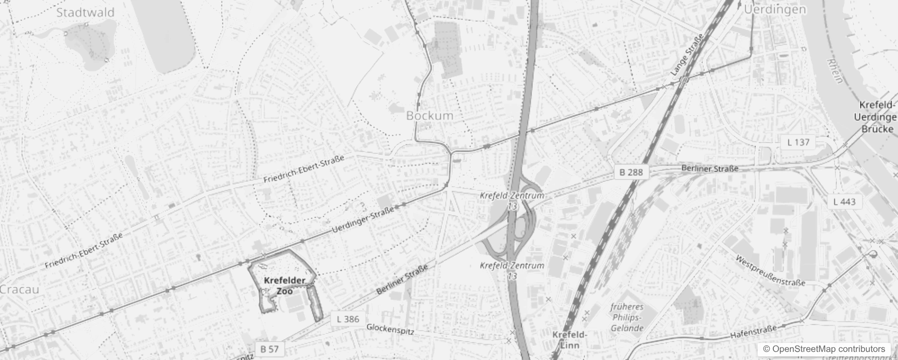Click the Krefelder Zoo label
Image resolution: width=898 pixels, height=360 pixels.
tap(284, 286)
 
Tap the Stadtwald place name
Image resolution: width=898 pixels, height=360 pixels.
tap(85, 12)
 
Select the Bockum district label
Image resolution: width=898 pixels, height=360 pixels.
tap(430, 116)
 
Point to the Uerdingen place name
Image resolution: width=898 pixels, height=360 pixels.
tap(774, 9)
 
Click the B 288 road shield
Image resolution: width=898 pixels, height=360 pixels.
tap(631, 172)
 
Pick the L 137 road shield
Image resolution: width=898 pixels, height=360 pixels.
tap(798, 142)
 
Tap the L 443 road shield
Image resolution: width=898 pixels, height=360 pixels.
tap(844, 202)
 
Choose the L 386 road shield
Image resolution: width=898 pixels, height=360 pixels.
tap(348, 319)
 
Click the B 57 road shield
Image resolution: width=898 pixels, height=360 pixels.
tap(269, 349)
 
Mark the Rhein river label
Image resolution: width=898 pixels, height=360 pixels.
tap(835, 71)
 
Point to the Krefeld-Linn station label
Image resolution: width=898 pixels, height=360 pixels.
tap(570, 340)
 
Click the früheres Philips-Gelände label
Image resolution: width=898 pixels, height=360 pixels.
tap(627, 317)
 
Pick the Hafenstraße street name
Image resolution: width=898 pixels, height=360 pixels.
tap(753, 332)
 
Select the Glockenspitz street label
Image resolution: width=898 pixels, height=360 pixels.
tap(390, 329)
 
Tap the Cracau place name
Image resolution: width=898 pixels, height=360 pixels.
tap(19, 289)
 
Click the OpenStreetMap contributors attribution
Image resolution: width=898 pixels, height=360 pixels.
tap(823, 349)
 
